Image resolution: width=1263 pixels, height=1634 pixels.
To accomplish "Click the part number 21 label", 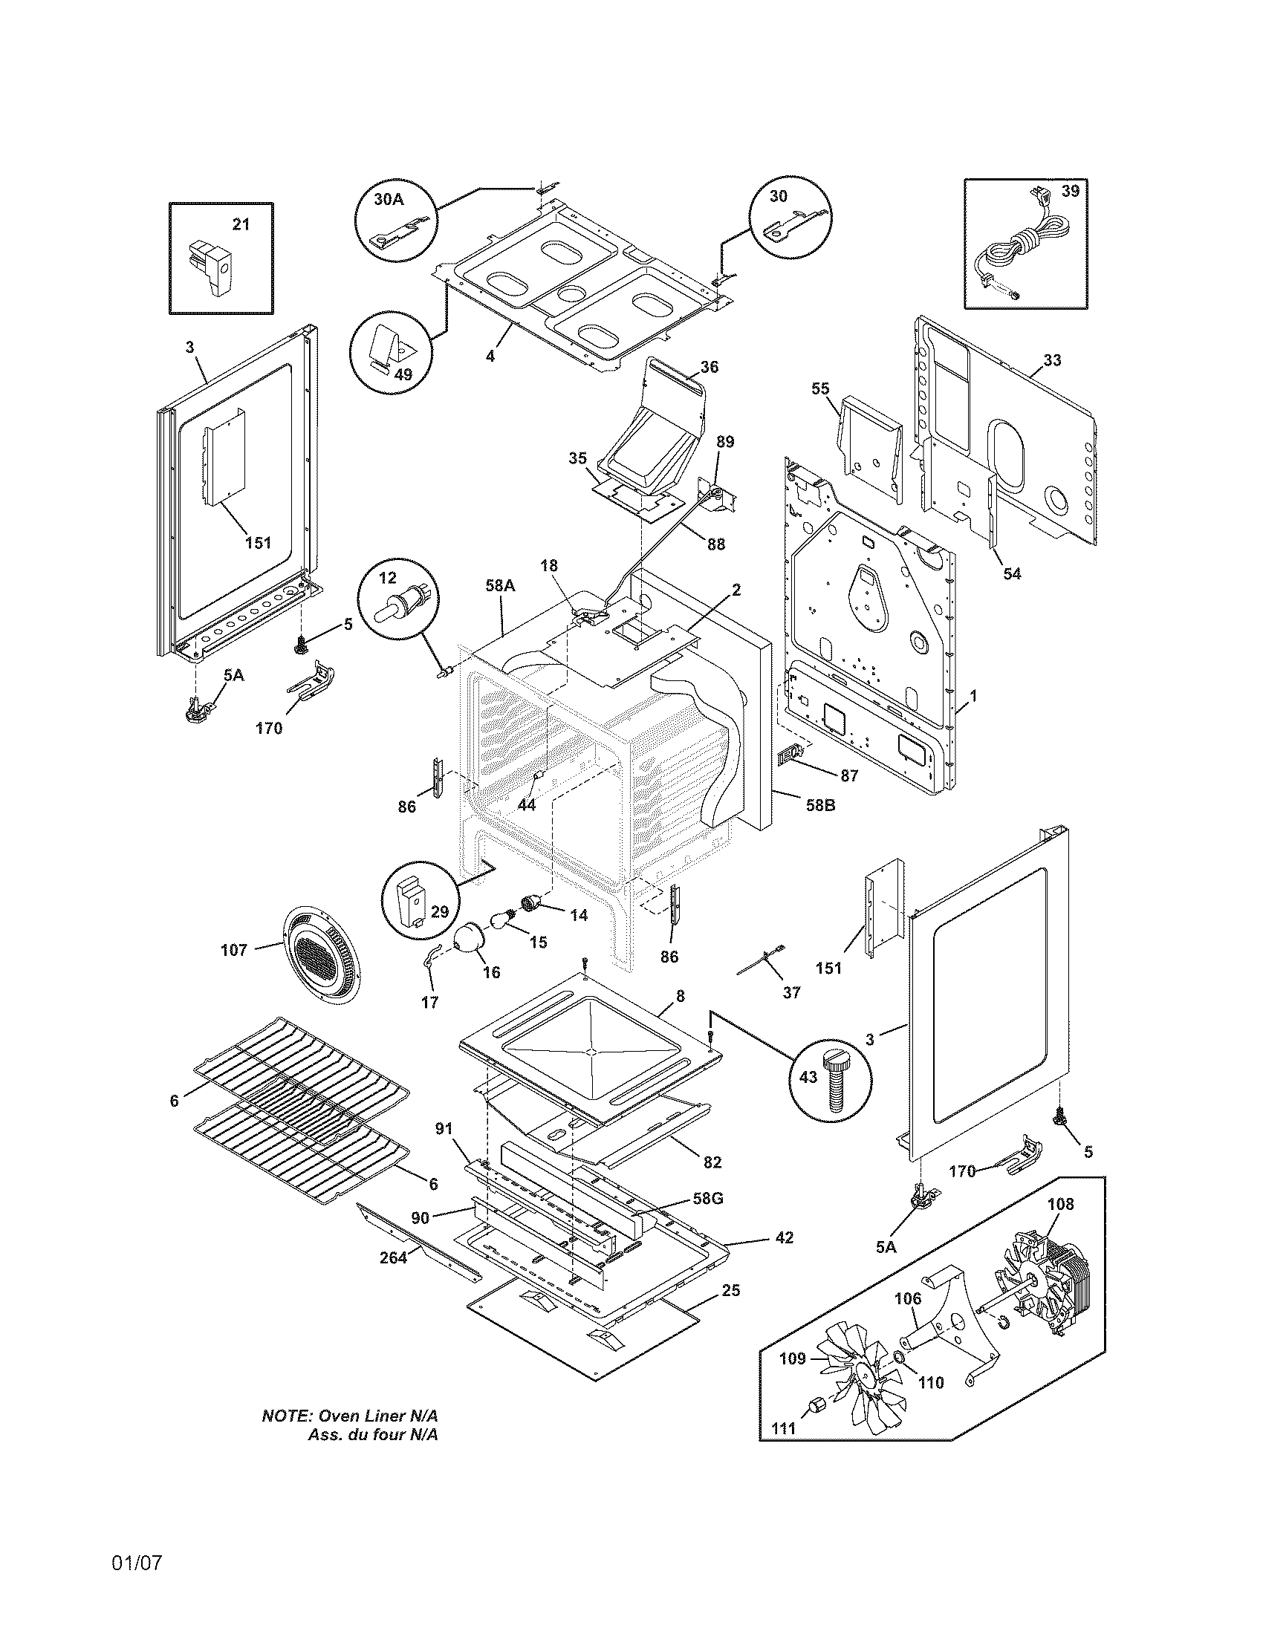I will point(241,224).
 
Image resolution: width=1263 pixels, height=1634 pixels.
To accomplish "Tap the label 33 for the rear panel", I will point(1052,360).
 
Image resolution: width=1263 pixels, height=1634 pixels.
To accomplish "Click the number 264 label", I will point(393,1257).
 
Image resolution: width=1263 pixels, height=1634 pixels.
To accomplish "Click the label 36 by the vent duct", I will point(710,367).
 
